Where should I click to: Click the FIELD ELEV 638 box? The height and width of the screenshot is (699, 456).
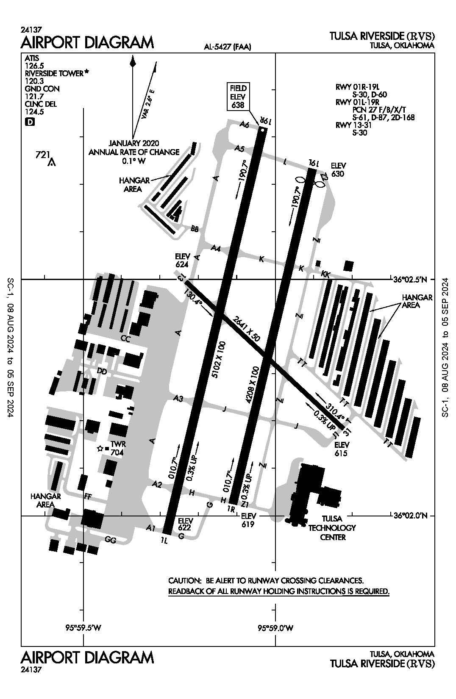click(238, 97)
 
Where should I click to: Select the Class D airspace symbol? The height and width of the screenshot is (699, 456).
click(30, 122)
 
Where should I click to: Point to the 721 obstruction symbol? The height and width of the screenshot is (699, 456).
click(52, 162)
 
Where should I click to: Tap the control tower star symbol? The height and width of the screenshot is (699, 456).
click(100, 449)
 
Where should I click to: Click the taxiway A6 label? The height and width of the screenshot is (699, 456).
click(245, 124)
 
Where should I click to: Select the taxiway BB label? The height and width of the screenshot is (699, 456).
click(195, 229)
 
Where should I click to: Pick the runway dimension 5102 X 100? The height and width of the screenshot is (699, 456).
click(219, 360)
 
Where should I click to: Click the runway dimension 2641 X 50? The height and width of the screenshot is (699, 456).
click(247, 329)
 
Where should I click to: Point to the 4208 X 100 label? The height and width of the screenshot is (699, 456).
click(253, 385)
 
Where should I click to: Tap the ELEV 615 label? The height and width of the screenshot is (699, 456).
click(342, 449)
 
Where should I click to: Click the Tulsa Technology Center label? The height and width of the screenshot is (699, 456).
click(332, 528)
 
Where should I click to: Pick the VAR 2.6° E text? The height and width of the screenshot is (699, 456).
click(148, 104)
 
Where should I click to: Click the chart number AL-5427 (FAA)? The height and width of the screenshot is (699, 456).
click(228, 47)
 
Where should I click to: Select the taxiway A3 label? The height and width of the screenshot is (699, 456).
click(178, 399)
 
